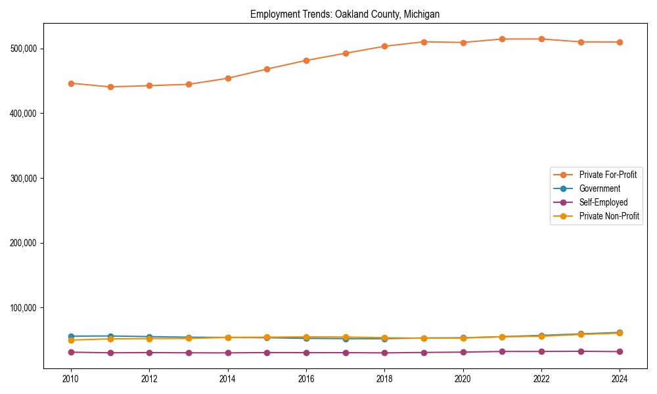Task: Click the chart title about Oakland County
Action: click(x=345, y=14)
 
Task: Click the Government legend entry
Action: click(x=599, y=188)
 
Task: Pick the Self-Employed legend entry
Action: click(x=603, y=202)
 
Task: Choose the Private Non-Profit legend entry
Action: click(x=609, y=216)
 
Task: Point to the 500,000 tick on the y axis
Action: click(x=26, y=49)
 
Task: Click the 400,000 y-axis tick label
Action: click(x=26, y=114)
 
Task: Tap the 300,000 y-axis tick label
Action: click(x=26, y=178)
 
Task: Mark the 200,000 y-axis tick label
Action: click(x=26, y=243)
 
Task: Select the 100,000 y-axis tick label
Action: click(x=26, y=307)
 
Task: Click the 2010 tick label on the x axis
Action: click(x=71, y=379)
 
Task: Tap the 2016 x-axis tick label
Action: click(x=306, y=379)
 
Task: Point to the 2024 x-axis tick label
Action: click(x=620, y=379)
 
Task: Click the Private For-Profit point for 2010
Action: click(x=71, y=83)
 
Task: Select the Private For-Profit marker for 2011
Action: click(x=110, y=87)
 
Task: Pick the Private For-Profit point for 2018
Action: click(x=384, y=47)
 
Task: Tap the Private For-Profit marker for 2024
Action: click(x=620, y=42)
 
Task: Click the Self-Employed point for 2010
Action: click(x=71, y=352)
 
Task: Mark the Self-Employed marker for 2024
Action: click(x=620, y=351)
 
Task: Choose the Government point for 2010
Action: click(x=71, y=336)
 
